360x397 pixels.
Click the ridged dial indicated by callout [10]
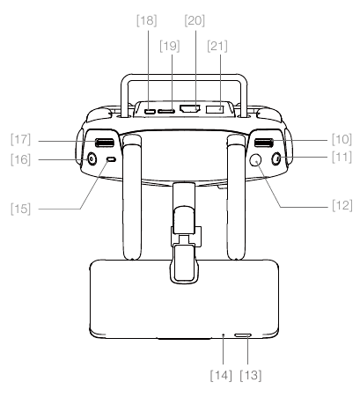click(x=261, y=143)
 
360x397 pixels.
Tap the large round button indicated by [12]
click(x=256, y=160)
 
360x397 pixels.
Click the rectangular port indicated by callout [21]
click(x=215, y=111)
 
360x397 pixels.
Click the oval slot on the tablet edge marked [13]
click(x=244, y=335)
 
